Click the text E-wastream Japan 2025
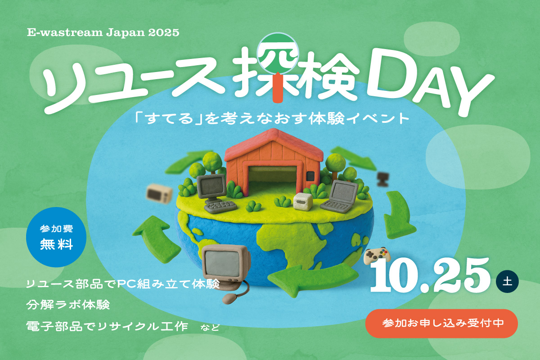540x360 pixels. tap(103, 33)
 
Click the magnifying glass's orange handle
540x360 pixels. tap(283, 90)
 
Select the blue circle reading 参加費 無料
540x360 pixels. tap(56, 237)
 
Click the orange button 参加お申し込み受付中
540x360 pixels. tap(442, 323)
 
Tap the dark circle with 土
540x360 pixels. tap(507, 282)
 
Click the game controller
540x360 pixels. tap(377, 256)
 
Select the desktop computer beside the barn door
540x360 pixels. tap(214, 192)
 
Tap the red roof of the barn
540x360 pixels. tap(273, 143)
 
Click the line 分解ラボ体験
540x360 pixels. tap(68, 305)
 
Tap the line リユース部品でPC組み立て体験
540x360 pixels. tap(122, 284)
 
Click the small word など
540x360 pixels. tap(210, 327)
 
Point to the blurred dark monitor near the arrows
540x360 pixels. tap(382, 178)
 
